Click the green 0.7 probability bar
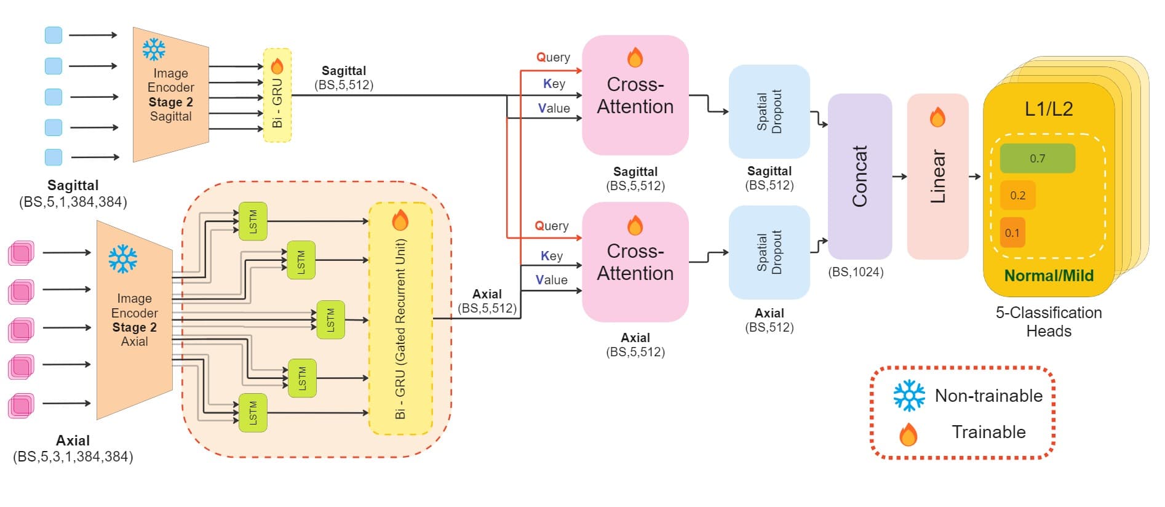[1037, 158]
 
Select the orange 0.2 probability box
[1017, 195]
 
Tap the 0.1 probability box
[1012, 233]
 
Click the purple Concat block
[859, 176]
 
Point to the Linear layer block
[937, 176]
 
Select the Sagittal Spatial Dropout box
[769, 111]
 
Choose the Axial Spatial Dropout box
[769, 252]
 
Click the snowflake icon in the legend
[909, 395]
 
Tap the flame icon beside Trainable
[908, 434]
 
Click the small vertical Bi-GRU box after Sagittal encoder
[277, 95]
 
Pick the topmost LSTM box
[253, 221]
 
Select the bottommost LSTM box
[253, 412]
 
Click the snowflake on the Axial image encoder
[123, 259]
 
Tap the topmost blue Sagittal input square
[54, 35]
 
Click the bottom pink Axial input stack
[21, 406]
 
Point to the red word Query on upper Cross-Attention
[553, 57]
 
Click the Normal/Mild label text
[1048, 276]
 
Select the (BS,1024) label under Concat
[855, 272]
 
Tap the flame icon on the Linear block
[937, 117]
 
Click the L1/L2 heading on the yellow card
[1048, 109]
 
